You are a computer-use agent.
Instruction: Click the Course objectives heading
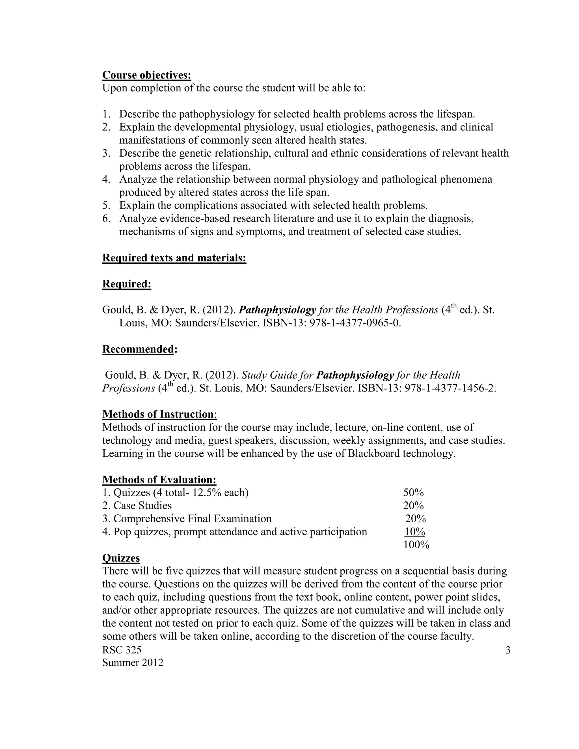146,75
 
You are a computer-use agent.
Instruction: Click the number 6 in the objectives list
106,218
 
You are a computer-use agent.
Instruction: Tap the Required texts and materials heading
174,258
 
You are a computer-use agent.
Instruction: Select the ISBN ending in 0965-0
355,323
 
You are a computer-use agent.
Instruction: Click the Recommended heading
138,349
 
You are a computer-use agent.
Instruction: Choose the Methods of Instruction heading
158,414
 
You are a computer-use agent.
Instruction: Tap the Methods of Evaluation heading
159,479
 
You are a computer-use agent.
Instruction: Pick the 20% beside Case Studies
413,506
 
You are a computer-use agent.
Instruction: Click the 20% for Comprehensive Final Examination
415,519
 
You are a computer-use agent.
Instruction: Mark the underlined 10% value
415,532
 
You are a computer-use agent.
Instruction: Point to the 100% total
416,545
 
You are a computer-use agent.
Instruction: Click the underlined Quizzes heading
121,558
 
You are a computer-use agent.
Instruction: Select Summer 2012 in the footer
133,663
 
